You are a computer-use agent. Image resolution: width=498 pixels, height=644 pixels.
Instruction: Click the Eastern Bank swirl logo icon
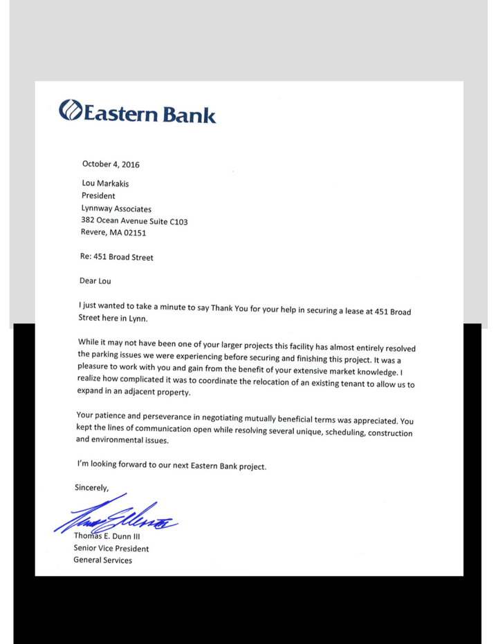pyautogui.click(x=71, y=111)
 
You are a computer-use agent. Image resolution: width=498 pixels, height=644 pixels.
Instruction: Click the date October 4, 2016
pyautogui.click(x=111, y=164)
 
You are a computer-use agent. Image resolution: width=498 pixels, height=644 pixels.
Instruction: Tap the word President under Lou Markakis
pyautogui.click(x=98, y=196)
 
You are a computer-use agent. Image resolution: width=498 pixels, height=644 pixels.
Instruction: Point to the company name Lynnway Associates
pyautogui.click(x=116, y=209)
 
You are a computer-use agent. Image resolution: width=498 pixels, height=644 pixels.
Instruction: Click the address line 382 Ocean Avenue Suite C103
pyautogui.click(x=134, y=222)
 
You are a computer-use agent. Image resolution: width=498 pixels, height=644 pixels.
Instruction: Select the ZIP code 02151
pyautogui.click(x=135, y=234)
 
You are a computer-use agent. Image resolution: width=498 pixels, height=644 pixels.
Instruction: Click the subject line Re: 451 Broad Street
pyautogui.click(x=117, y=257)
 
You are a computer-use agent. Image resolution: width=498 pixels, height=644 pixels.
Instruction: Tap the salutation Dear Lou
pyautogui.click(x=95, y=281)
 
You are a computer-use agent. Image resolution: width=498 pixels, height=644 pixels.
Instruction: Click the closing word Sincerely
pyautogui.click(x=92, y=487)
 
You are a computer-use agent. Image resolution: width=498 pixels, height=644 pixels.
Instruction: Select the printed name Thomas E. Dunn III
pyautogui.click(x=111, y=536)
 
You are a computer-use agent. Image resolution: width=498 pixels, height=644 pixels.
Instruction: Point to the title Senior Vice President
pyautogui.click(x=111, y=548)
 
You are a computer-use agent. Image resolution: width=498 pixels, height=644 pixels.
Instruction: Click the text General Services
pyautogui.click(x=103, y=560)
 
